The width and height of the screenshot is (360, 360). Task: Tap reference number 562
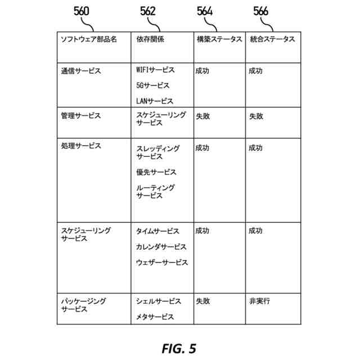click(x=148, y=11)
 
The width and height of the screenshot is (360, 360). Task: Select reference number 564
click(x=205, y=11)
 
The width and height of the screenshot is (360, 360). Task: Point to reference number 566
click(x=261, y=11)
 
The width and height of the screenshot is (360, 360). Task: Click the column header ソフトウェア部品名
click(x=89, y=39)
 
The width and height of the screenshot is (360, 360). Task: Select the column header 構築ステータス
click(x=219, y=39)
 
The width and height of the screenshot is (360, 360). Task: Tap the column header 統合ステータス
click(x=272, y=39)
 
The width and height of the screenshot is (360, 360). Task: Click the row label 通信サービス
click(x=81, y=71)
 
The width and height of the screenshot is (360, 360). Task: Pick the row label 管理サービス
click(x=81, y=116)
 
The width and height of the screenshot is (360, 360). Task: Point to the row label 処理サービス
click(x=81, y=146)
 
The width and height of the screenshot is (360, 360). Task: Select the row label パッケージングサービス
click(x=83, y=305)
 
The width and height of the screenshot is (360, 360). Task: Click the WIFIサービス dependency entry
click(x=155, y=70)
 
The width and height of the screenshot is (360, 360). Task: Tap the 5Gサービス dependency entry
click(x=152, y=85)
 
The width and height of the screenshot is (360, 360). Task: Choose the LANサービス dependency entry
click(x=155, y=101)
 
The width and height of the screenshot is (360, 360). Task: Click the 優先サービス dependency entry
click(x=156, y=172)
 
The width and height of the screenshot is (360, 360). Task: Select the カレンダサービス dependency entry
click(x=161, y=247)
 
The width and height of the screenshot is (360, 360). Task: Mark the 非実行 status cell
click(x=259, y=301)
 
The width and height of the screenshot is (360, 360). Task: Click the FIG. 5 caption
click(x=179, y=349)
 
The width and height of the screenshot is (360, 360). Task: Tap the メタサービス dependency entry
click(x=155, y=317)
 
